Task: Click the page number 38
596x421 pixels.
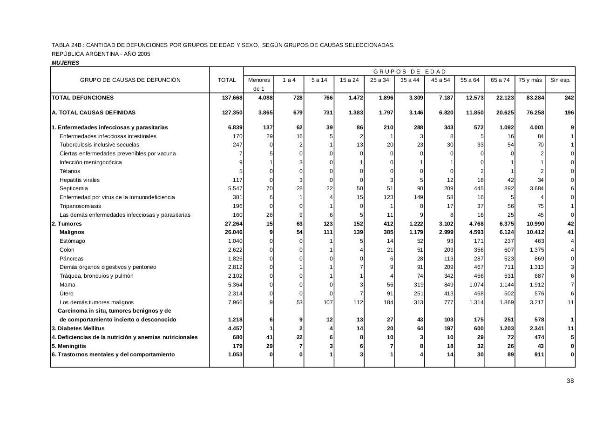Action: pyautogui.click(x=570, y=381)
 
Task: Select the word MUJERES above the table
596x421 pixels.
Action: pyautogui.click(x=66, y=63)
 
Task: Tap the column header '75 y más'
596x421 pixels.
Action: pyautogui.click(x=530, y=80)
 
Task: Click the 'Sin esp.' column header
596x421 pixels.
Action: pyautogui.click(x=560, y=80)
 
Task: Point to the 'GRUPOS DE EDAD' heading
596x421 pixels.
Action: pyautogui.click(x=409, y=72)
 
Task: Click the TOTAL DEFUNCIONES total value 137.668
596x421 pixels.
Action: pyautogui.click(x=232, y=98)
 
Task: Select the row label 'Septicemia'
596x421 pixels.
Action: pyautogui.click(x=74, y=188)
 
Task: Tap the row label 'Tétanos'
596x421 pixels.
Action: pyautogui.click(x=70, y=171)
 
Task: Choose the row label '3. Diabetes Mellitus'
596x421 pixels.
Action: pyautogui.click(x=78, y=328)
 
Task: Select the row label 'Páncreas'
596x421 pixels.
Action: pyautogui.click(x=72, y=259)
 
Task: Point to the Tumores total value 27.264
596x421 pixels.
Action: pyautogui.click(x=233, y=224)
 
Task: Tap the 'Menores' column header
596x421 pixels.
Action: pyautogui.click(x=259, y=80)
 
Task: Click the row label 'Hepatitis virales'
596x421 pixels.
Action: pyautogui.click(x=80, y=180)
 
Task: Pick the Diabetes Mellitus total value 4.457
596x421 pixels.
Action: pyautogui.click(x=234, y=328)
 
